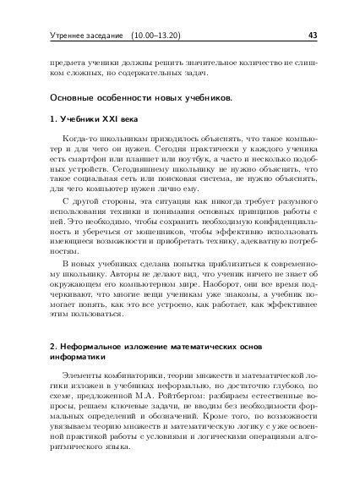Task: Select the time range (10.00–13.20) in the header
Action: click(163, 36)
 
